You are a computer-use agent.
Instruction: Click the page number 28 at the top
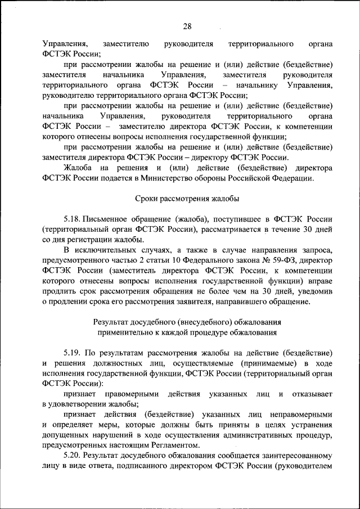[187, 26]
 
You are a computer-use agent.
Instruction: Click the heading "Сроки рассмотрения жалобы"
[187, 199]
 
